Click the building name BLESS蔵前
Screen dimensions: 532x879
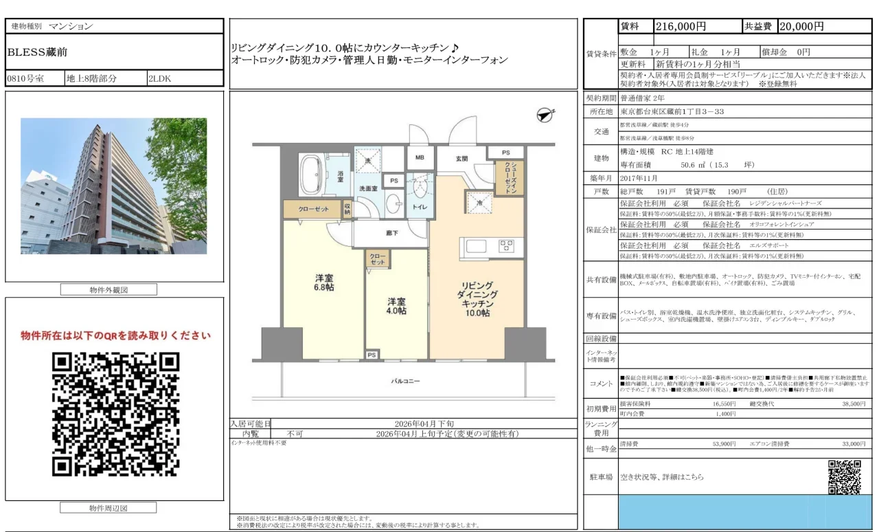(x=37, y=52)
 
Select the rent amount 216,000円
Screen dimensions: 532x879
(x=681, y=27)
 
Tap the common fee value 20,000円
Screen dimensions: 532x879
(x=801, y=27)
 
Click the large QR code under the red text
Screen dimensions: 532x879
(x=115, y=414)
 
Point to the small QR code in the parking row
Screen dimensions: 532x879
(x=844, y=476)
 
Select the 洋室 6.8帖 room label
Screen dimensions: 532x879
(x=324, y=283)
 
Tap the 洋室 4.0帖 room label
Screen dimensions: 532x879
(x=396, y=306)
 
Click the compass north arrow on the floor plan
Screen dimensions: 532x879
(x=545, y=115)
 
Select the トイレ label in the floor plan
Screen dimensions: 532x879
(x=418, y=206)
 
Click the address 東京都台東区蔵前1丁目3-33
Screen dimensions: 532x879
(x=672, y=111)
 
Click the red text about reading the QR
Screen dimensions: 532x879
(x=115, y=335)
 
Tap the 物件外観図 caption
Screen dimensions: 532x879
(x=108, y=290)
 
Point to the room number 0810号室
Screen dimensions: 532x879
(x=25, y=78)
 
